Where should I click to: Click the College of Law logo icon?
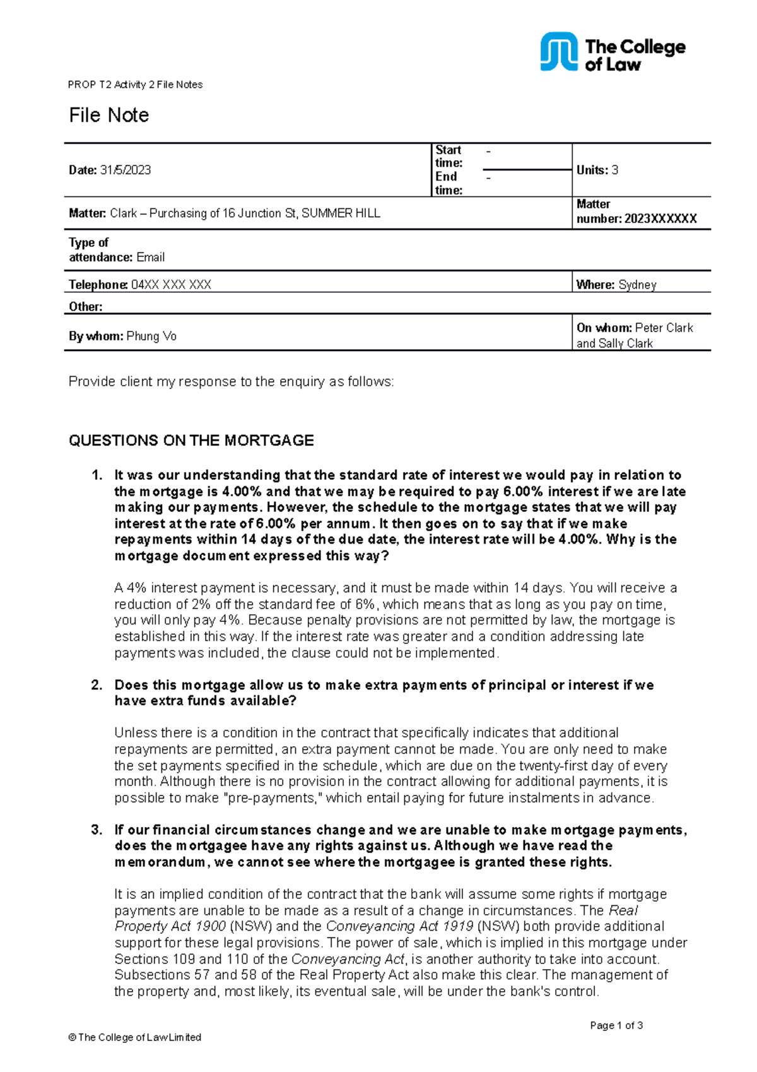[558, 52]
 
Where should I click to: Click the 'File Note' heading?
[109, 116]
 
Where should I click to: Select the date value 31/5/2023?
[126, 170]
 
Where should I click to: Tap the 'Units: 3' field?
[597, 170]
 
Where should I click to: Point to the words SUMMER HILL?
[341, 213]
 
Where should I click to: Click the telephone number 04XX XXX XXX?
[171, 285]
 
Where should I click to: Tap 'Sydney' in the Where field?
[637, 285]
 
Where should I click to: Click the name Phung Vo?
[151, 336]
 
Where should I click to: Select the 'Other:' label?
[86, 307]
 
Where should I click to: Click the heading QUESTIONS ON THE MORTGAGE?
[191, 441]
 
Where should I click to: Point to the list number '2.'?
[97, 685]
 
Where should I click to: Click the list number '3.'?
[97, 830]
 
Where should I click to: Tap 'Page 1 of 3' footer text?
[616, 1025]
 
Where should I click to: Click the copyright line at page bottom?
[135, 1037]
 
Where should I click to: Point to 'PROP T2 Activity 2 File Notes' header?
[136, 85]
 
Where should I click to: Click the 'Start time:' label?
[449, 157]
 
